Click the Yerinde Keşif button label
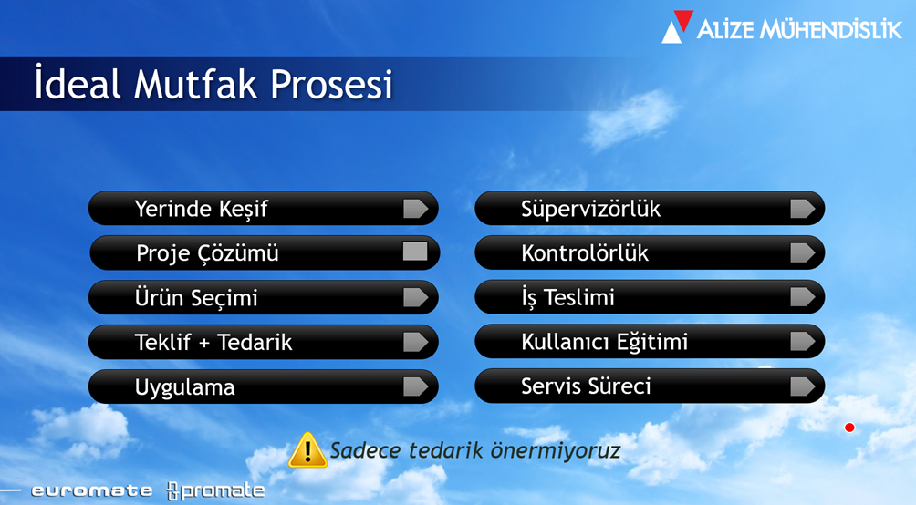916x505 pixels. pos(201,209)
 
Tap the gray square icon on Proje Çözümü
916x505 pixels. pos(415,252)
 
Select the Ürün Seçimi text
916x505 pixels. pos(196,298)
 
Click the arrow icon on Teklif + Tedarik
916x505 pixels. pos(415,342)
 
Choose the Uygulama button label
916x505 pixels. pos(184,387)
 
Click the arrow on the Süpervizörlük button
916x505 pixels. pos(803,209)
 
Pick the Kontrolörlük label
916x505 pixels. pos(585,253)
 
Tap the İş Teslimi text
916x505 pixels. pos(567,298)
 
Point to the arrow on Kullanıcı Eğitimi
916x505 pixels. pos(803,342)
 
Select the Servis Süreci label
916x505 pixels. pos(586,386)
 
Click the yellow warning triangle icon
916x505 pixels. pos(307,450)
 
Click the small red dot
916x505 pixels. pos(849,428)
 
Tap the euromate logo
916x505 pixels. pos(92,490)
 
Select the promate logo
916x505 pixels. pos(215,490)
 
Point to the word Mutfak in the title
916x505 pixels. pos(195,85)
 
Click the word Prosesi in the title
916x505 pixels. pos(331,85)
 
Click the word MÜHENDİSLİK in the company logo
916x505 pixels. pos(831,29)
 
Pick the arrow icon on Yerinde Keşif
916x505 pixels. pos(415,209)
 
